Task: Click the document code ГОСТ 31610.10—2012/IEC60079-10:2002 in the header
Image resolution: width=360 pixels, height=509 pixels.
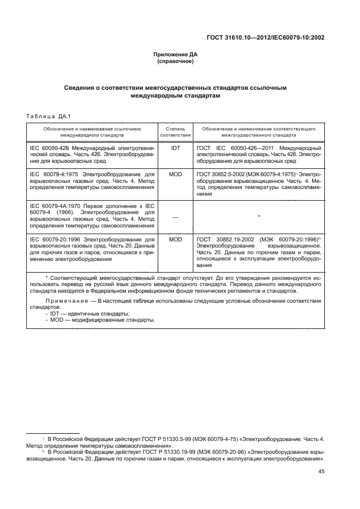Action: (266, 38)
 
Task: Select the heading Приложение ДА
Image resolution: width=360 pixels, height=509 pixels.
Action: (176, 55)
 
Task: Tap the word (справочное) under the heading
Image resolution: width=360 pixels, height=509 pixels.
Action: (176, 61)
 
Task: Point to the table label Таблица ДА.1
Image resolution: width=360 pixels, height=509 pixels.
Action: (46, 116)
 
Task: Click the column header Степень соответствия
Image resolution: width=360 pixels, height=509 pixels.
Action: (176, 132)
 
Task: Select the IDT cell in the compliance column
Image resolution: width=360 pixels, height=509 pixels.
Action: (176, 148)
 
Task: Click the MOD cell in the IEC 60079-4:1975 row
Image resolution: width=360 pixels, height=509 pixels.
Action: (176, 174)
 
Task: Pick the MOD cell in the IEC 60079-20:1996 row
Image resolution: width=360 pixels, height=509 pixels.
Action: (176, 239)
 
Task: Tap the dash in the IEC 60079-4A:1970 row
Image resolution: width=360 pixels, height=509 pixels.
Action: (176, 217)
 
